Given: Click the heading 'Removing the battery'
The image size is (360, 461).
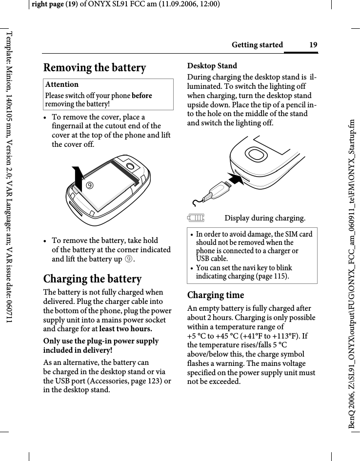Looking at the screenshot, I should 95,68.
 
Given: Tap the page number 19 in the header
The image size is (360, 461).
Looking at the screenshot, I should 313,45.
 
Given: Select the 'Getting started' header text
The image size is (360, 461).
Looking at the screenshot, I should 257,45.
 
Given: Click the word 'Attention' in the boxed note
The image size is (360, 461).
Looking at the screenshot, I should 62,84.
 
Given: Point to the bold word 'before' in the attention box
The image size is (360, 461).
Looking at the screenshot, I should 141,96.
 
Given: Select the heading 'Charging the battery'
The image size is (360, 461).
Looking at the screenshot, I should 93,279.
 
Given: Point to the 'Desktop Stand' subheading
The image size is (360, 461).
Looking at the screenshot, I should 212,66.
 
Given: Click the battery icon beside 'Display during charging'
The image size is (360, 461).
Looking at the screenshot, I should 196,218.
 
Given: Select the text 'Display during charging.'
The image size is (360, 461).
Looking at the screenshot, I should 265,218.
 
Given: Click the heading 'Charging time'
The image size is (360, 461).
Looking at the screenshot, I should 216,295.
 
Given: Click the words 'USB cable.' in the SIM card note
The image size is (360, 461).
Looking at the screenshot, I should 212,259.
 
